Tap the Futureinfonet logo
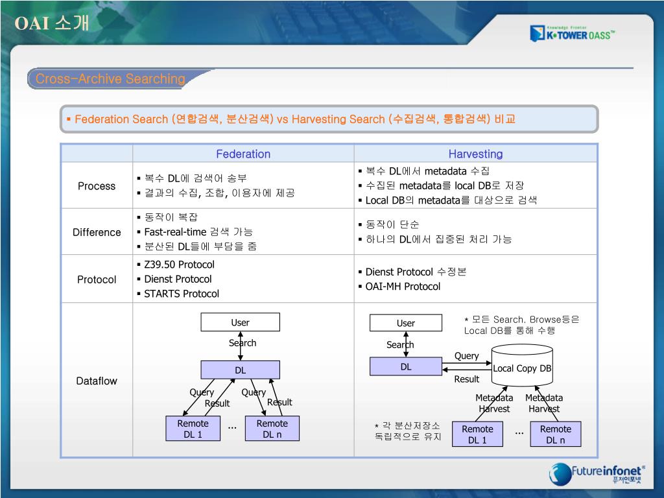597,473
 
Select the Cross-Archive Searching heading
110,79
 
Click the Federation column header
243,154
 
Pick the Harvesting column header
475,154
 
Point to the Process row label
97,186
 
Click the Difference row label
97,232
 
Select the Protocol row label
97,279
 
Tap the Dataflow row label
97,381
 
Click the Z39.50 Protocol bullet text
179,265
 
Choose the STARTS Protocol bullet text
182,294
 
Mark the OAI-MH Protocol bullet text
403,287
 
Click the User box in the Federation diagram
240,322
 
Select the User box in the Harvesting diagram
405,323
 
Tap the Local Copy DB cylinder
522,368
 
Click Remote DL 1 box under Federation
193,429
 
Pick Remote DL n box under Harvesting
555,434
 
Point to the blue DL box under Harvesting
405,367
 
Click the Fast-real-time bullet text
198,231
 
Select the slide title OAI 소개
52,24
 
